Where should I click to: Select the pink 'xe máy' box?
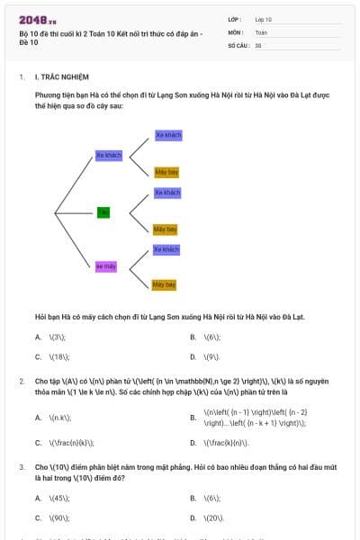(106, 266)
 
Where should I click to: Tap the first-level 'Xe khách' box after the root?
(108, 155)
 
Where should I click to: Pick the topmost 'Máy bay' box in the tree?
(166, 172)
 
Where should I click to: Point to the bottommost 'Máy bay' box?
(164, 284)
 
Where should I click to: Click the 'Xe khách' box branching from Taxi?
(167, 193)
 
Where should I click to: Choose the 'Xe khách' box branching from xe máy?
(166, 249)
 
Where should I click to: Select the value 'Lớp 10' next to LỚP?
(263, 18)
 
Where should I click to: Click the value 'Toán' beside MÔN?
(261, 31)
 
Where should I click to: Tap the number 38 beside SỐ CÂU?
(258, 44)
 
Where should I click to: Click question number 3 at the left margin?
(22, 468)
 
